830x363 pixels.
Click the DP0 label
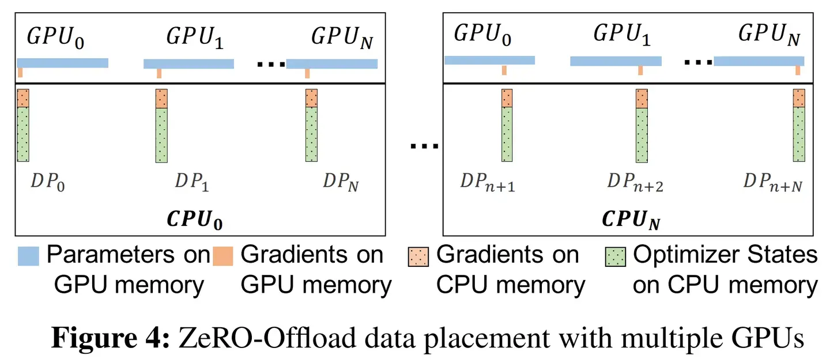pos(48,182)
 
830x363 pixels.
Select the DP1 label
pos(192,182)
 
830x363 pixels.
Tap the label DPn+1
pos(488,183)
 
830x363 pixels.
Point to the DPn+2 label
pos(635,183)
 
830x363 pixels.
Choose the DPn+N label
pos(773,183)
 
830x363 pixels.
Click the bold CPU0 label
pos(195,220)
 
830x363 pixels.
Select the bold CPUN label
pos(631,220)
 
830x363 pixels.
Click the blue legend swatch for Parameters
pos(29,256)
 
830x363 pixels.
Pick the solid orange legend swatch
pos(223,256)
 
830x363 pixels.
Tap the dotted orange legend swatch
pos(418,257)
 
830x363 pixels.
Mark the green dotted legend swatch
pos(616,257)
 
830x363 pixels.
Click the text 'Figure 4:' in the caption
pos(111,338)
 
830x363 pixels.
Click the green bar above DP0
pos(23,134)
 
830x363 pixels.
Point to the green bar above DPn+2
pos(642,135)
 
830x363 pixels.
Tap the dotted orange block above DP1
pos(161,99)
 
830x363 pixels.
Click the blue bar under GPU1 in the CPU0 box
pos(188,64)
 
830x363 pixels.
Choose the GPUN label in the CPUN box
pos(769,35)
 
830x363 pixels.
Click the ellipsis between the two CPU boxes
pos(424,146)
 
